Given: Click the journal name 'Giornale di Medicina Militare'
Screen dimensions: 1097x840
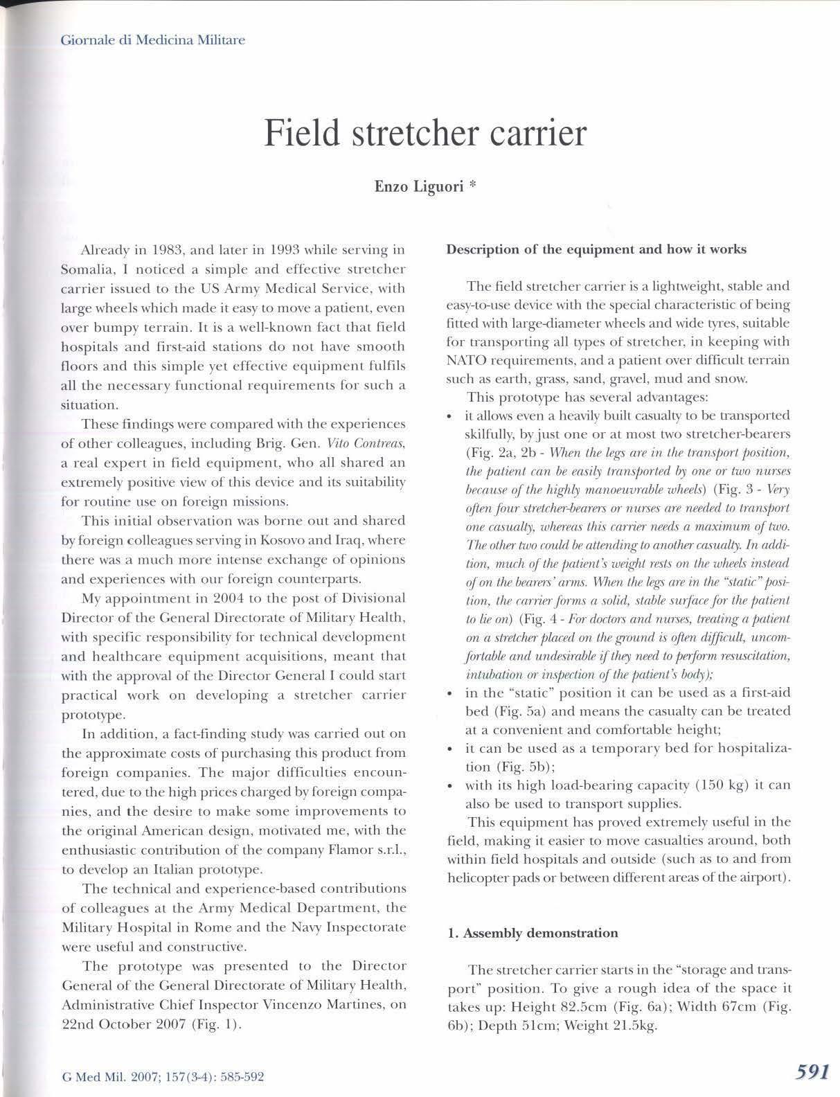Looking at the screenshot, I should [153, 39].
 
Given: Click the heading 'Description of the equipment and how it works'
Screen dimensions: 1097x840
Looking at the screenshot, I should [596, 249].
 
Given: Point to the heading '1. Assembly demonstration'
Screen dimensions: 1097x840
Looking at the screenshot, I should [533, 933].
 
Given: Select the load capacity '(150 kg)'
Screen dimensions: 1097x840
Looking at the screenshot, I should [721, 785].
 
